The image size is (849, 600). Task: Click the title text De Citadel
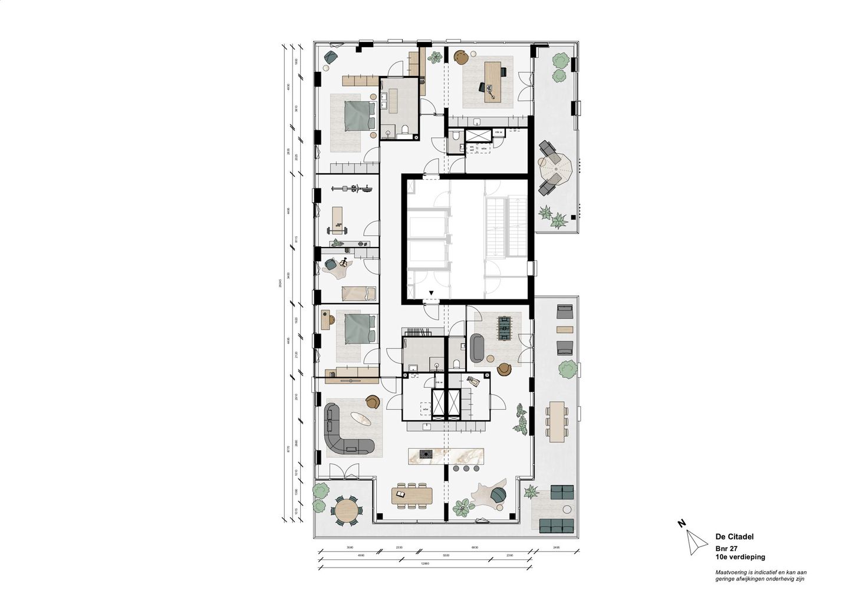(x=734, y=536)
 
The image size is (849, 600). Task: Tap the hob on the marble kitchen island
(x=425, y=453)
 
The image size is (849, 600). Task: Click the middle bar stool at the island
(x=466, y=469)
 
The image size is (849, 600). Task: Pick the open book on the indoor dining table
(x=402, y=493)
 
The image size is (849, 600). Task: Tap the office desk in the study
(x=492, y=83)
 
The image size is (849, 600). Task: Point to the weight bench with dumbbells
(x=337, y=218)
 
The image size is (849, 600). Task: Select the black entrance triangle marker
(x=432, y=292)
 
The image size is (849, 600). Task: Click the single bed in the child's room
(x=358, y=293)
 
